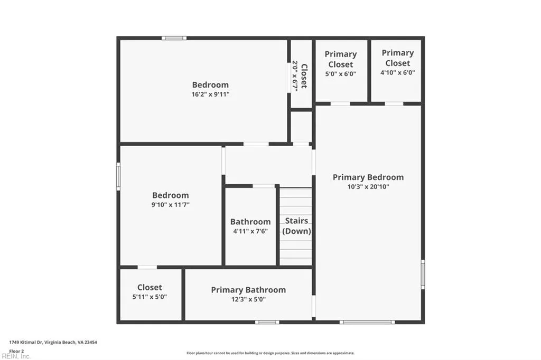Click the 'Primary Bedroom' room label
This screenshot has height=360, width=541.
368,177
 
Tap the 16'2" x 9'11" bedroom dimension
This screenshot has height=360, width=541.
210,94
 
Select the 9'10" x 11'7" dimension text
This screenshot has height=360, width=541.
170,204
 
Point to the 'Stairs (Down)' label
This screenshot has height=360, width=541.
296,226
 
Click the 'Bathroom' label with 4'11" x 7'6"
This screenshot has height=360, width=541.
250,222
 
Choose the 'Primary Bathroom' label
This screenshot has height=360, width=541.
248,290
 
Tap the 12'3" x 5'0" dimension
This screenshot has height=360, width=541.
248,299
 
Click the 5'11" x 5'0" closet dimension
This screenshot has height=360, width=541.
150,297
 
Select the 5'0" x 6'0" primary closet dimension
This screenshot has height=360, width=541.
341,74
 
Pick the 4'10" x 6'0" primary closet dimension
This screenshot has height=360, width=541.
397,73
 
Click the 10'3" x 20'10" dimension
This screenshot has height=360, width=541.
368,187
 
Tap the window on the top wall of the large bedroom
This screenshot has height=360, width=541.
174,38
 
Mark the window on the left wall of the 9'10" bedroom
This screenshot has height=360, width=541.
118,176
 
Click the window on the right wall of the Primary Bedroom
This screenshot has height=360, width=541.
423,274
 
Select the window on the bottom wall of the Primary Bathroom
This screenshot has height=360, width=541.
267,322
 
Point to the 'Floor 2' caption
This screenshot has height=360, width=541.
17,350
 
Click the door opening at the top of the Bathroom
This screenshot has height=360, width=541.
264,186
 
